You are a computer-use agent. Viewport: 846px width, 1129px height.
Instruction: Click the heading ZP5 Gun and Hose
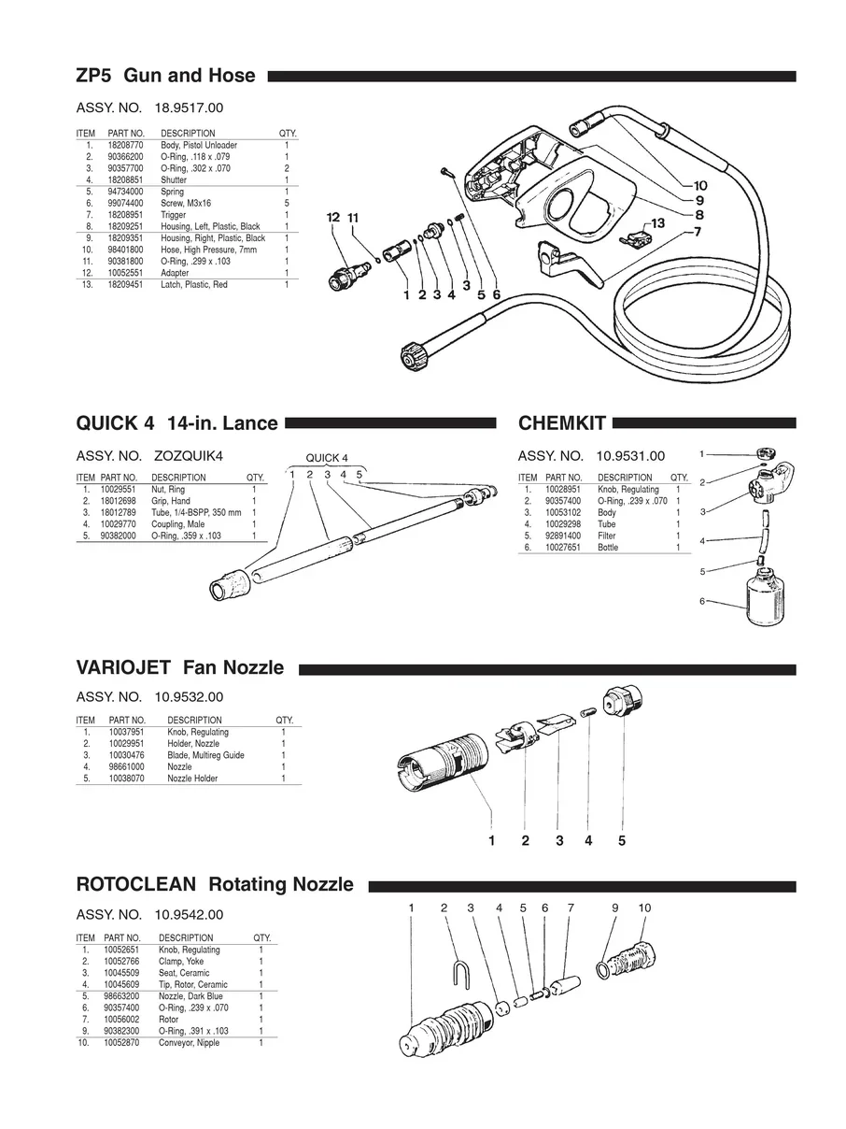165,76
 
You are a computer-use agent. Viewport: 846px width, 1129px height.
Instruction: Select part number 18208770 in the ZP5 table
125,146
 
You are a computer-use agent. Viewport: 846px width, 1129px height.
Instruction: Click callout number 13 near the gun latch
657,223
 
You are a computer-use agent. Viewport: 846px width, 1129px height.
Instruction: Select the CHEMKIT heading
562,423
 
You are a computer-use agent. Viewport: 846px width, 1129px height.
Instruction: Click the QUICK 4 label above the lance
327,458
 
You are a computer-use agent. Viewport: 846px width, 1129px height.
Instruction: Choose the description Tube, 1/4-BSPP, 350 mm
196,513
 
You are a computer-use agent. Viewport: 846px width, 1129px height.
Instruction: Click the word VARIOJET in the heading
123,668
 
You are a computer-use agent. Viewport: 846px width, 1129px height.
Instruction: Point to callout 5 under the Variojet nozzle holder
621,840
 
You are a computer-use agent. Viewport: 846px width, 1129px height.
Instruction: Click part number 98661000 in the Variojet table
126,766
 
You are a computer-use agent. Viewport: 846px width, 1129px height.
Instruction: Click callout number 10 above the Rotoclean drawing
644,907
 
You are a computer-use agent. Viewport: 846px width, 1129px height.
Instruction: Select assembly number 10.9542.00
189,914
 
